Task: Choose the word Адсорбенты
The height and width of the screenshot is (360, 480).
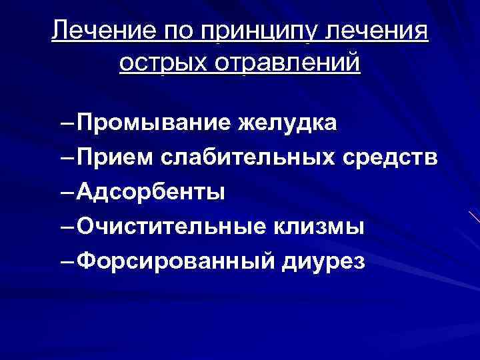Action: pyautogui.click(x=151, y=193)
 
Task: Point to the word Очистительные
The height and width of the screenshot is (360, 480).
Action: pyautogui.click(x=171, y=227)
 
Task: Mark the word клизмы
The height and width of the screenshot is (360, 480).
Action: pyautogui.click(x=319, y=227)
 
